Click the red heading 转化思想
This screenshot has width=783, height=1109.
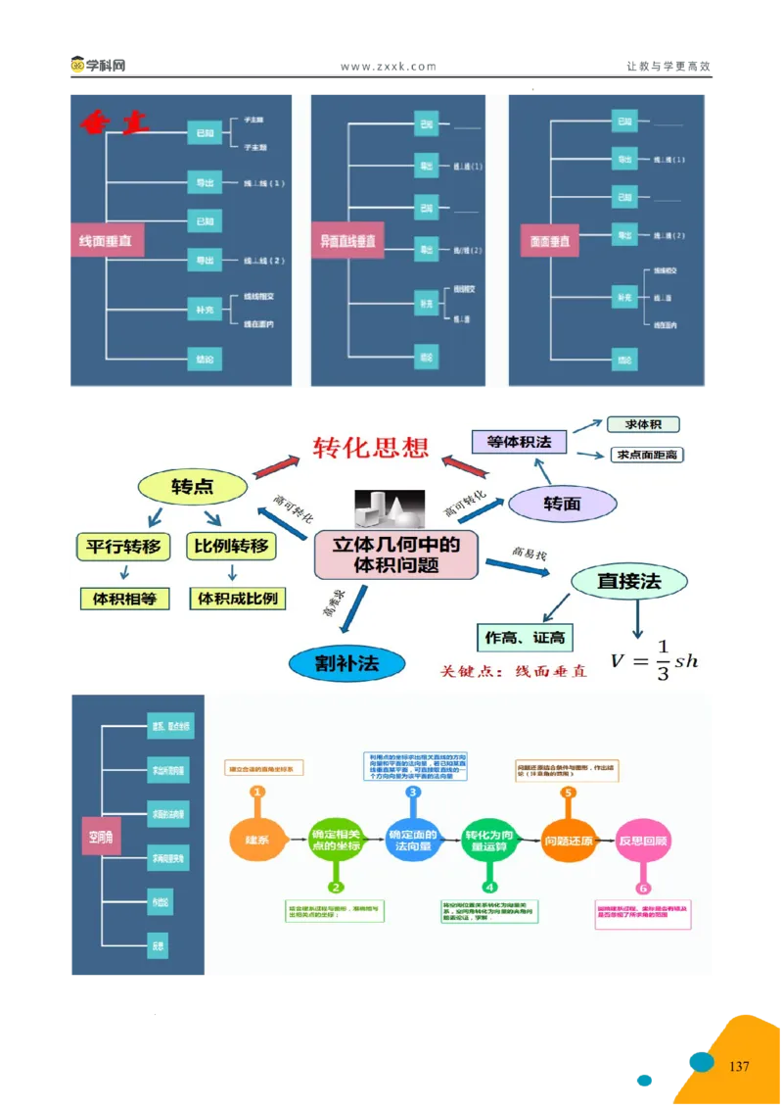[371, 448]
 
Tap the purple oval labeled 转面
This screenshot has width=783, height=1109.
[563, 504]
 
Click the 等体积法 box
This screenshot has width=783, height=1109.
[519, 442]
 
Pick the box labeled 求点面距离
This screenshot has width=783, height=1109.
[646, 455]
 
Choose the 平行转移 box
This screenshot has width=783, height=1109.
[122, 546]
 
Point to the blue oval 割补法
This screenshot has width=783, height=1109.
[346, 663]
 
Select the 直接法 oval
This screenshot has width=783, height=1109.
[628, 581]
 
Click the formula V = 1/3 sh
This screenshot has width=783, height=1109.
[654, 659]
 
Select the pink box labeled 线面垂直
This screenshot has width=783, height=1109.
[106, 240]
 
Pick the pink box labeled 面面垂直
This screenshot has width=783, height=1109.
[551, 240]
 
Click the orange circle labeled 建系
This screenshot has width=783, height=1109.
[256, 840]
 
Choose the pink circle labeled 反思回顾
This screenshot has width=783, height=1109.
[643, 840]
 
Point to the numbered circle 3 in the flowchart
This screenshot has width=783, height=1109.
[413, 792]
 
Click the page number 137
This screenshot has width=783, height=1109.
[739, 1066]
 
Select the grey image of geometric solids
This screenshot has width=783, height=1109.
[390, 510]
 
